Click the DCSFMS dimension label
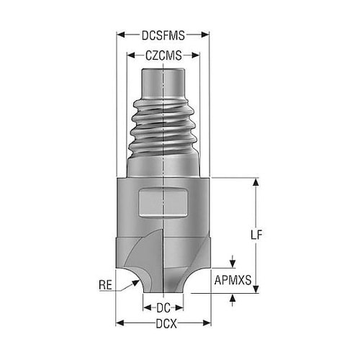coord(163,35)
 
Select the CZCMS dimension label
coord(163,55)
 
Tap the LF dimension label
coord(256,235)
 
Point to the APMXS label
coord(233,280)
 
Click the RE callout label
coord(106,285)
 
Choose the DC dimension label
coord(163,308)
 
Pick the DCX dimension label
coord(166,324)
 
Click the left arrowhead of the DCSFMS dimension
coord(120,35)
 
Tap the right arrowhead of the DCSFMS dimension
coord(205,35)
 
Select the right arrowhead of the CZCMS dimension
coord(195,55)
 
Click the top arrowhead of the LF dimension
coord(256,182)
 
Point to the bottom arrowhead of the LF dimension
coord(256,289)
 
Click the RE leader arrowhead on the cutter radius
coord(135,283)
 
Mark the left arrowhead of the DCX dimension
coord(120,323)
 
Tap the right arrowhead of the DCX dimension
coord(207,323)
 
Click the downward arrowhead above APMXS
coord(233,264)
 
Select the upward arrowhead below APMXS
coord(233,297)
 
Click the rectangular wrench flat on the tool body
coord(163,204)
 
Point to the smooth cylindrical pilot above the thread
coord(163,84)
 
